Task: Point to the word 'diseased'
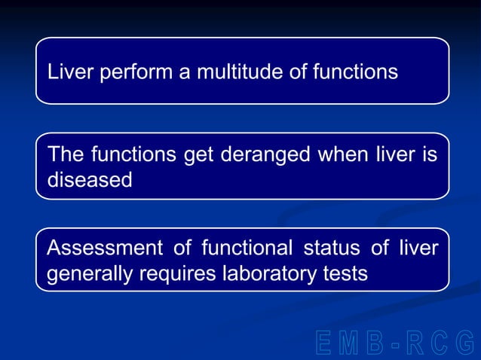(89, 181)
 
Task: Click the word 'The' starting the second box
(66, 156)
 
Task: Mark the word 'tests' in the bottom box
(348, 273)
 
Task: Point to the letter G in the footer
(467, 343)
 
